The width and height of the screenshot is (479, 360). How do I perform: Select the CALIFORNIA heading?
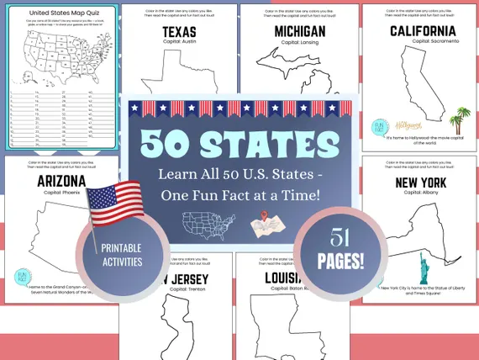(x=422, y=32)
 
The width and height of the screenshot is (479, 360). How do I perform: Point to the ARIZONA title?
(x=61, y=182)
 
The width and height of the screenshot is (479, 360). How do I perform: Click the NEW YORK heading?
(x=420, y=183)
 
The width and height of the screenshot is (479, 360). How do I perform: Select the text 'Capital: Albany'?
(x=420, y=193)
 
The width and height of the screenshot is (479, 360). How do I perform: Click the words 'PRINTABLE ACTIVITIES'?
(x=121, y=256)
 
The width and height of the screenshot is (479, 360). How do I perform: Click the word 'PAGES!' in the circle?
(x=340, y=260)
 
